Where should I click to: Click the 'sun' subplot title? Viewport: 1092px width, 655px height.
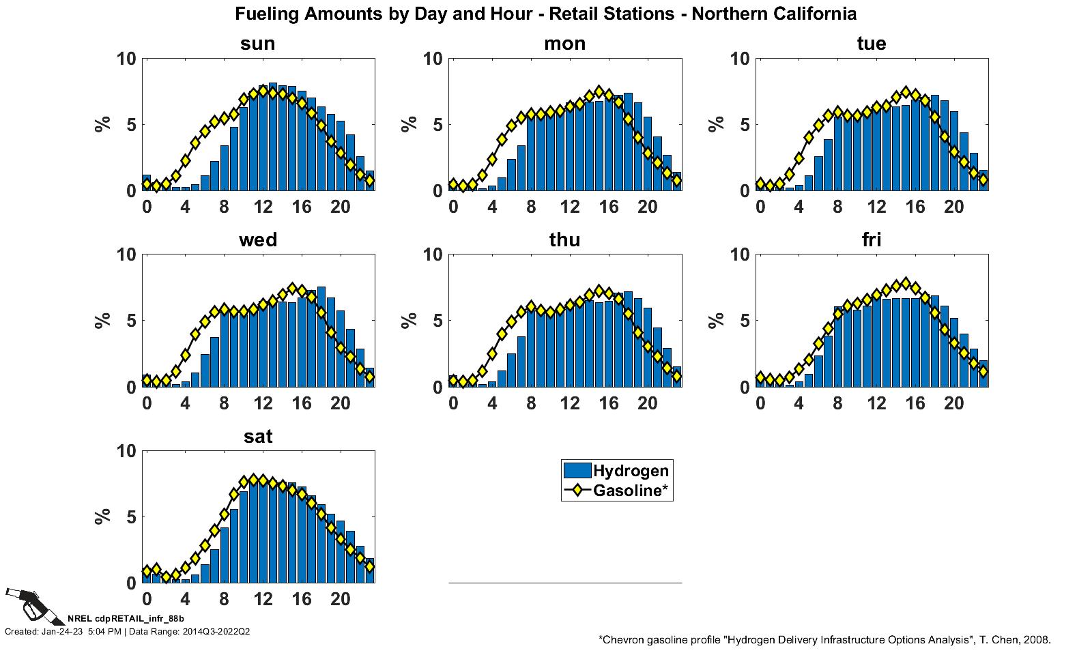257,44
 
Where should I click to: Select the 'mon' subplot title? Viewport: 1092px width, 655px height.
564,44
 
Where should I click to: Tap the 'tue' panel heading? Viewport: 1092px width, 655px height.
872,44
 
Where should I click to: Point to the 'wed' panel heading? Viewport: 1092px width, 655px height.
257,240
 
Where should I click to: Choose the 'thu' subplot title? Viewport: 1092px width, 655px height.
564,240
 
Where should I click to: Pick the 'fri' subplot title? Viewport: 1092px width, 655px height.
872,240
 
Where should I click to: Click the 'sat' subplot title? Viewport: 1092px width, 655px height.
257,437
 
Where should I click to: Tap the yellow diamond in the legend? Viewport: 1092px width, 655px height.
577,490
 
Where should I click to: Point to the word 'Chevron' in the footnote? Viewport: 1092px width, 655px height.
625,640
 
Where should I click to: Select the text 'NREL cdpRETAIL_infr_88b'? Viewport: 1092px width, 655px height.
126,619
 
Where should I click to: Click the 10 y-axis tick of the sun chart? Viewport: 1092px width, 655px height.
126,59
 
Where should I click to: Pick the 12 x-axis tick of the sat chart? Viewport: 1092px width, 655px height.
263,599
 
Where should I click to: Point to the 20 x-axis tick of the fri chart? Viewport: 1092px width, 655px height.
954,403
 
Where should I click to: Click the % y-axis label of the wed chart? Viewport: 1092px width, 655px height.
103,320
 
